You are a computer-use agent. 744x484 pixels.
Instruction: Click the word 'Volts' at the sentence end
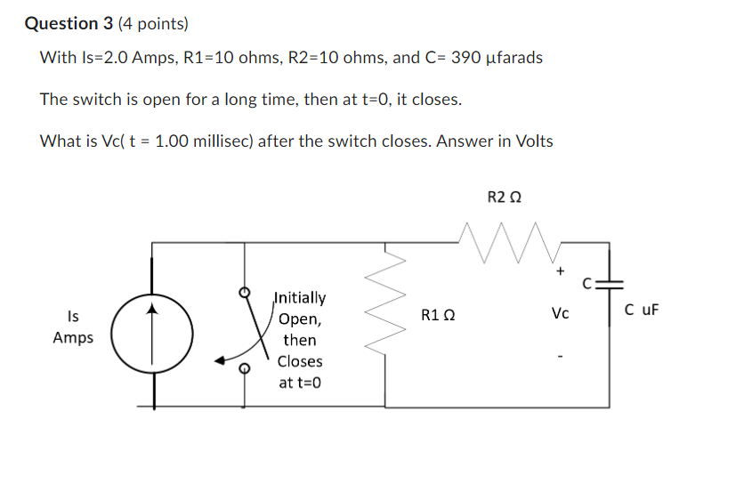(530, 141)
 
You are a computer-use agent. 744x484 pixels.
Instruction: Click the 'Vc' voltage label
(560, 313)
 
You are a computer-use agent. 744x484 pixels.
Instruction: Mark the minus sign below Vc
(560, 360)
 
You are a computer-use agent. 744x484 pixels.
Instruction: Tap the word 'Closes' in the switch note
(300, 361)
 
